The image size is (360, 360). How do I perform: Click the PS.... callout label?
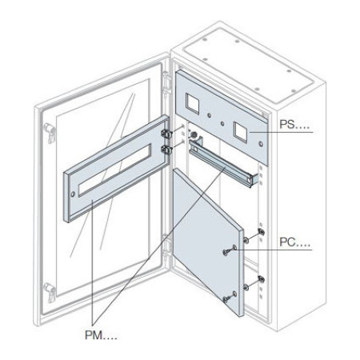pos(290,125)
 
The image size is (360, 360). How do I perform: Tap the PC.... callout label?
pos(294,242)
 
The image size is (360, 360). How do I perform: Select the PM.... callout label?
pos(101,335)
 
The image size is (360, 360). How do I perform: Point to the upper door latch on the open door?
pos(50,133)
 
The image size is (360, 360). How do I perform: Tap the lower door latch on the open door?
pos(50,292)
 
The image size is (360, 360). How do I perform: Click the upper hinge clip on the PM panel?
pos(166,134)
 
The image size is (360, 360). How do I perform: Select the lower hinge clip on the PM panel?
pos(166,150)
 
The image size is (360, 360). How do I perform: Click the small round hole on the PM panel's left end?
pos(73,194)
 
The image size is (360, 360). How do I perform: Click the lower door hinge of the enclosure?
pos(166,246)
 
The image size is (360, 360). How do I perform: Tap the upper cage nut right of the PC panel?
pos(262,232)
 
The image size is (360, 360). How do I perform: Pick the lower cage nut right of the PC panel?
pos(262,279)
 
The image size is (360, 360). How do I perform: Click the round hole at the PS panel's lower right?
pos(261,145)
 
